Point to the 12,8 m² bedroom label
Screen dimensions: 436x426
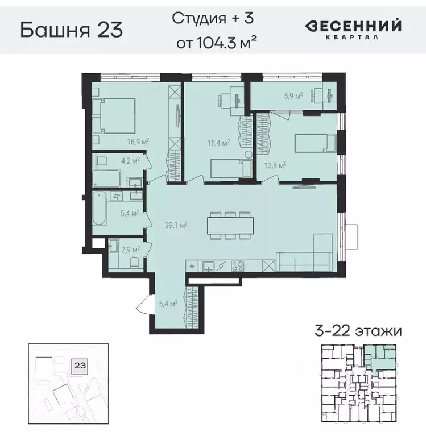(x=275, y=165)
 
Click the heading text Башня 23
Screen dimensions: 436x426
(x=72, y=30)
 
